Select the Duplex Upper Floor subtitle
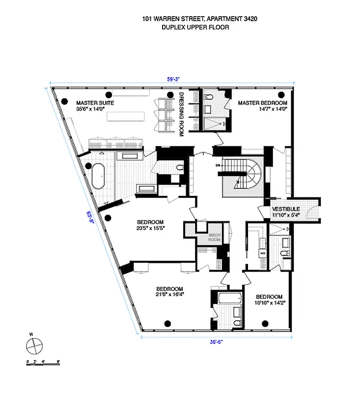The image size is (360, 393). click(195, 28)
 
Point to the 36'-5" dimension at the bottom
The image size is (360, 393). click(216, 342)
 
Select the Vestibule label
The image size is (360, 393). click(286, 209)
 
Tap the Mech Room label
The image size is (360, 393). click(214, 238)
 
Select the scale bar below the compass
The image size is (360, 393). click(43, 362)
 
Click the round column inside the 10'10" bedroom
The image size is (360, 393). click(266, 323)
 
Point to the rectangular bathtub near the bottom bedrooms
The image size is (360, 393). click(230, 298)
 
